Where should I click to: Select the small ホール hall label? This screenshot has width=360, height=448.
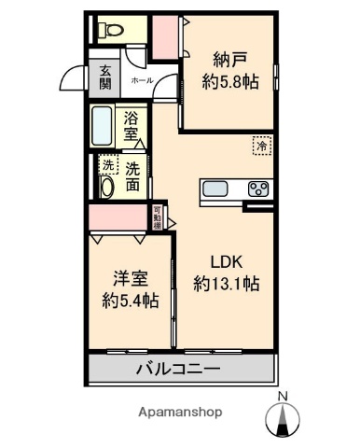click(x=142, y=81)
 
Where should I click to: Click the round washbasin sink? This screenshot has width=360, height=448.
click(x=105, y=187)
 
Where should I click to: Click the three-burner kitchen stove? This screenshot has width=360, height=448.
click(x=257, y=190)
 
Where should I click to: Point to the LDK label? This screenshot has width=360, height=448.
click(x=226, y=262)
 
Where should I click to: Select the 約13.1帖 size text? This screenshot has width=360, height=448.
click(x=226, y=283)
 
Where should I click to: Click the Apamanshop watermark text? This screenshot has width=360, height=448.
click(x=180, y=412)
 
